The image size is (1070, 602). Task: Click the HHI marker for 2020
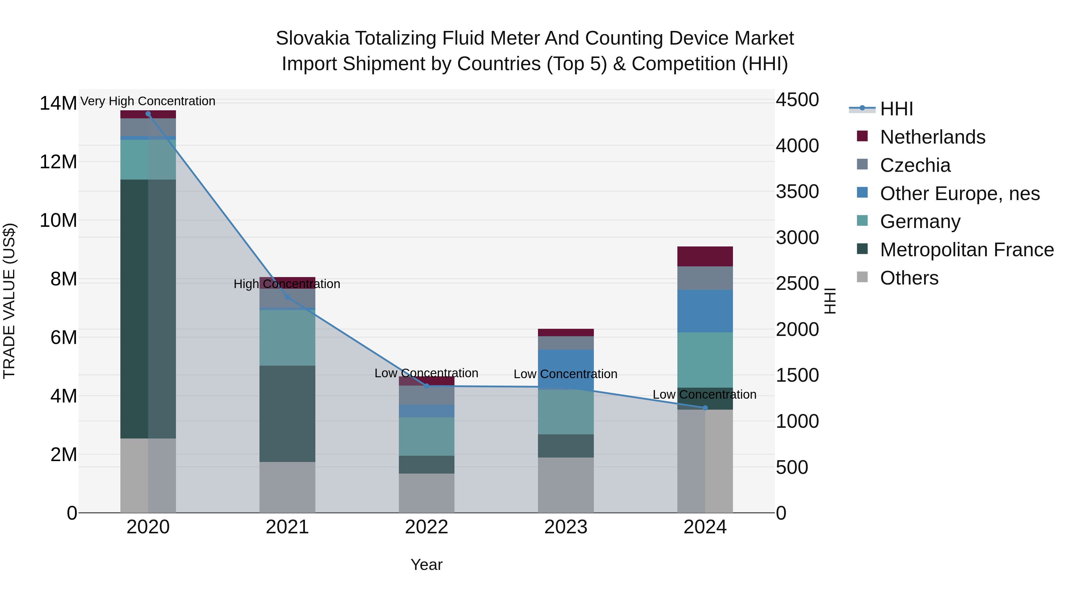pyautogui.click(x=148, y=114)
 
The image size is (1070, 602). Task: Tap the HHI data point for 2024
pyautogui.click(x=705, y=408)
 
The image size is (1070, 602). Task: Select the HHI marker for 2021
pyautogui.click(x=287, y=297)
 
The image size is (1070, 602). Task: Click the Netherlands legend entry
pyautogui.click(x=932, y=137)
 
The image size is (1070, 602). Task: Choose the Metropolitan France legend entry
pyautogui.click(x=967, y=250)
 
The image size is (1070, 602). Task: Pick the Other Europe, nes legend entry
pyautogui.click(x=959, y=194)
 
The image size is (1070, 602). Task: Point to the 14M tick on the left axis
pyautogui.click(x=58, y=103)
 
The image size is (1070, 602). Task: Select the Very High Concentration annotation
pyautogui.click(x=148, y=101)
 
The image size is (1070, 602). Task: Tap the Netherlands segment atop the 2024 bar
pyautogui.click(x=705, y=256)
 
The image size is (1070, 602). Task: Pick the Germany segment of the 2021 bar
pyautogui.click(x=287, y=337)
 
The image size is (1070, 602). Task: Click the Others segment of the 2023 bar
pyautogui.click(x=566, y=485)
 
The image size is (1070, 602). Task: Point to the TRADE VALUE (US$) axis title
pyautogui.click(x=9, y=301)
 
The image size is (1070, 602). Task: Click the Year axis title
pyautogui.click(x=426, y=565)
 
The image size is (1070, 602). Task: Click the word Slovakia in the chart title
pyautogui.click(x=312, y=38)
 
